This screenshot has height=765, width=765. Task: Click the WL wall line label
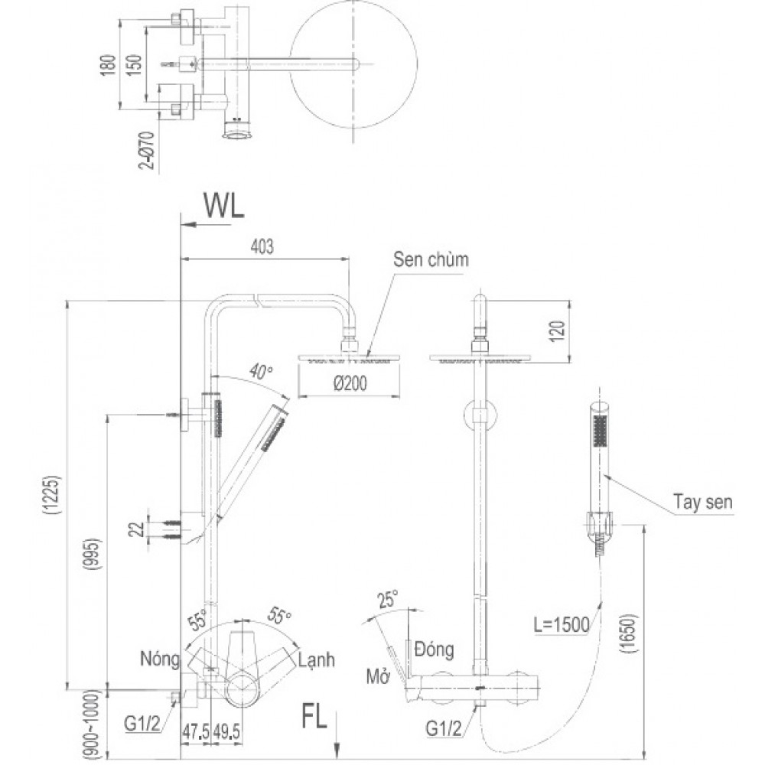(223, 205)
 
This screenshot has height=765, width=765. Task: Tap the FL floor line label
(314, 718)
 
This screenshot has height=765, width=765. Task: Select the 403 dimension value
(262, 246)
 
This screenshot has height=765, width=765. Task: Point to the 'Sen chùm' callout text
(431, 260)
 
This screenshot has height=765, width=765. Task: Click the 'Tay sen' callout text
(703, 503)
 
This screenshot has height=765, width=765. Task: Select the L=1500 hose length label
(562, 625)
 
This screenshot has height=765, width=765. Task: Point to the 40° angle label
(260, 373)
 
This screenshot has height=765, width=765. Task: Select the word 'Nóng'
(159, 658)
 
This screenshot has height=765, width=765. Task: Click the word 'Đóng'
(434, 650)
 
